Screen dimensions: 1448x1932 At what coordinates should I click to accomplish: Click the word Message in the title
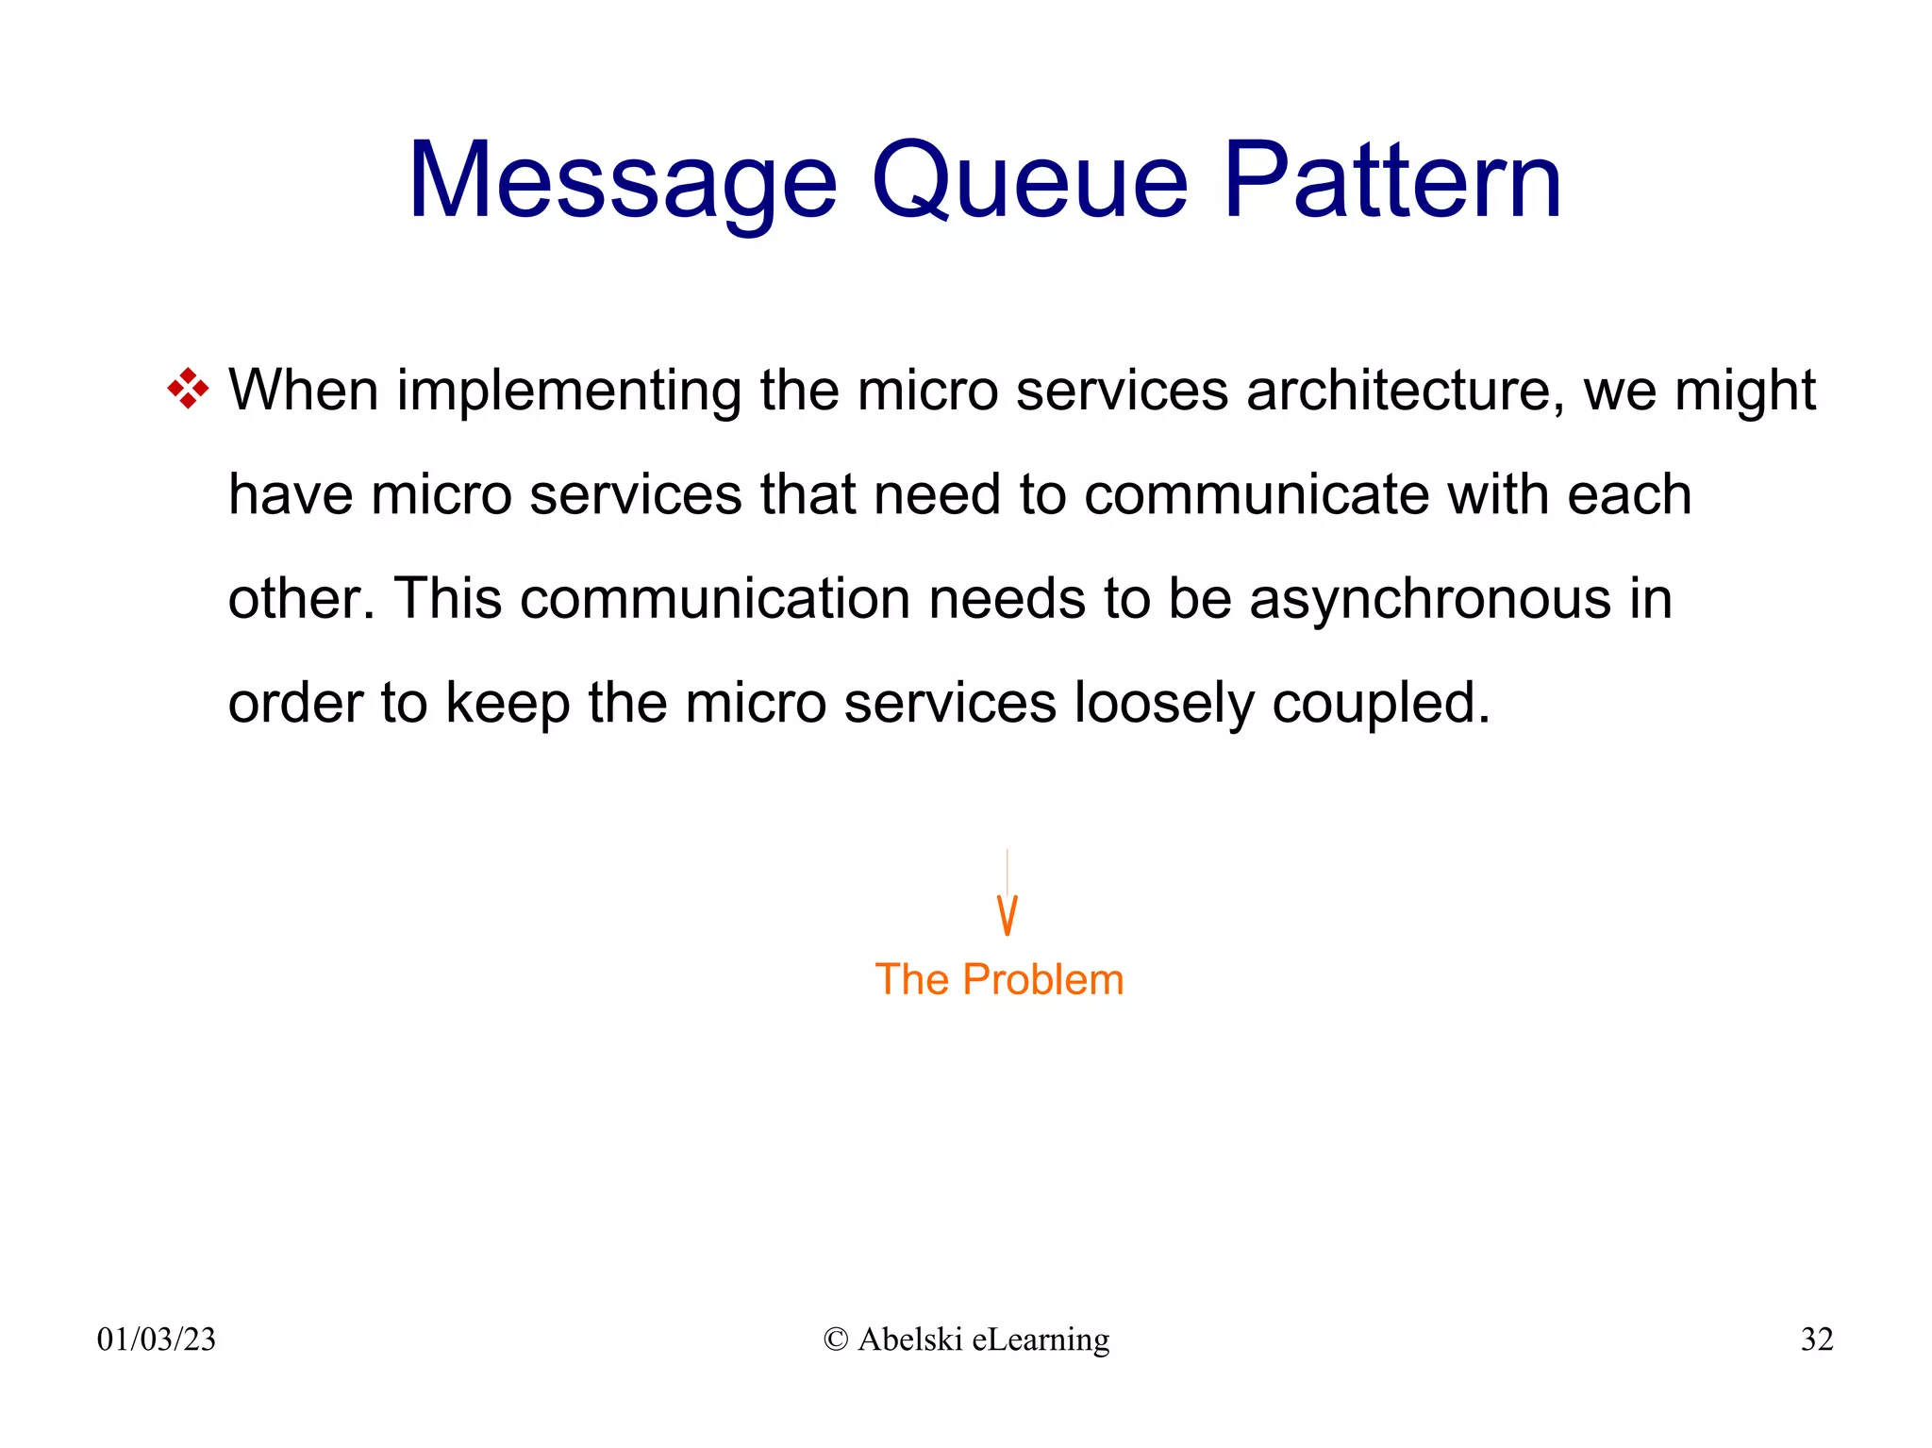[x=622, y=181]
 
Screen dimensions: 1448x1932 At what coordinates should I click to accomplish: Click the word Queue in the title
[x=1029, y=181]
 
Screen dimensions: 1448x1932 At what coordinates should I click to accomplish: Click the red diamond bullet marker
[x=188, y=389]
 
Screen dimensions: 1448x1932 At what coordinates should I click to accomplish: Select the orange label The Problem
[x=999, y=979]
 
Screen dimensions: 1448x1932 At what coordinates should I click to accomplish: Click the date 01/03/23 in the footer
[x=157, y=1339]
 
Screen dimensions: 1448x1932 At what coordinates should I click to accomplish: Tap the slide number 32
[x=1816, y=1339]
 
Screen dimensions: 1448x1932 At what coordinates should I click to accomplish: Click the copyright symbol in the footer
[x=836, y=1340]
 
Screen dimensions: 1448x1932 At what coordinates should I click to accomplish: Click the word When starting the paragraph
[x=303, y=391]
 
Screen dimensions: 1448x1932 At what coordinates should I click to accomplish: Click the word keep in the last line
[x=508, y=704]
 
